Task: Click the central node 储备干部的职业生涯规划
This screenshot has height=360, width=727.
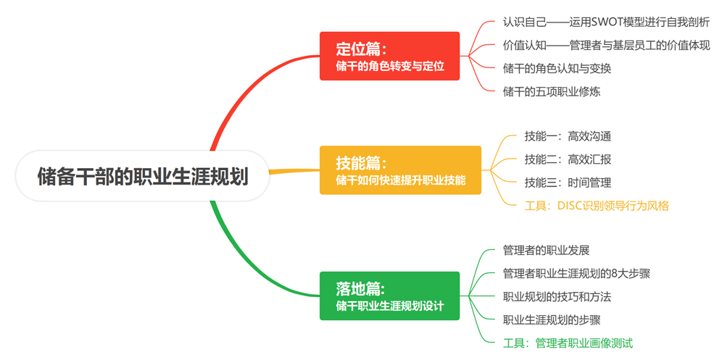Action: point(143,176)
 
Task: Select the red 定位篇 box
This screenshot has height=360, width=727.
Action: point(390,56)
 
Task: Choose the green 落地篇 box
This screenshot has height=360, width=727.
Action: point(390,296)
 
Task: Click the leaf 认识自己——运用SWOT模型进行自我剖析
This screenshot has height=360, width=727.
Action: point(606,22)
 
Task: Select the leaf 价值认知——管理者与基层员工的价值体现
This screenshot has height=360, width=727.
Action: point(606,45)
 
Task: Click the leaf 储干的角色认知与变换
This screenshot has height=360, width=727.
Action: point(557,68)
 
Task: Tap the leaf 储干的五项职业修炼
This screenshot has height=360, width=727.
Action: point(551,91)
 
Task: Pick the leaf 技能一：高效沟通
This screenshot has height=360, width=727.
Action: point(562,136)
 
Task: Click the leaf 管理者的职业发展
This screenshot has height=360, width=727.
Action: point(546,251)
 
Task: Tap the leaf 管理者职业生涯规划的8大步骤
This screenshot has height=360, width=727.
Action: point(576,274)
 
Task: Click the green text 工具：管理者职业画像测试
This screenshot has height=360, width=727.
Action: point(568,343)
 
